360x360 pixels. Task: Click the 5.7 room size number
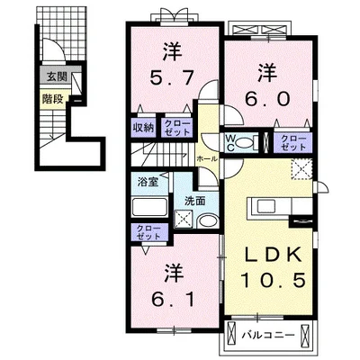tap(172, 79)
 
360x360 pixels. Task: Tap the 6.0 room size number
tap(267, 96)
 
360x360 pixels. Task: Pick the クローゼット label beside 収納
tap(176, 127)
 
